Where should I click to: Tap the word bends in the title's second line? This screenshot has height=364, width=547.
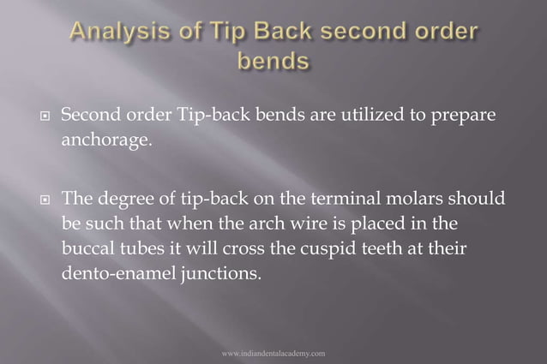[273, 63]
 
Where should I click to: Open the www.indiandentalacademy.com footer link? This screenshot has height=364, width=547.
[273, 352]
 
